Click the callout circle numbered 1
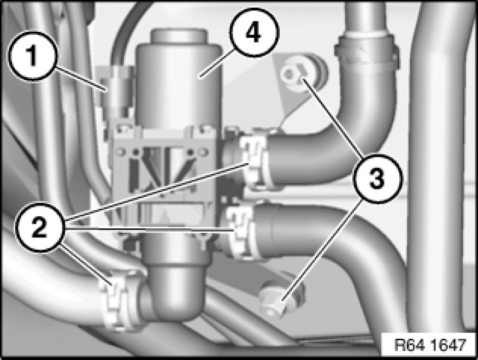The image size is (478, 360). pos(32,56)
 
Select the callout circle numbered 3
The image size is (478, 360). pos(377,179)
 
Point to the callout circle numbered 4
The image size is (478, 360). pos(253,33)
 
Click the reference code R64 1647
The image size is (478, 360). pos(430,345)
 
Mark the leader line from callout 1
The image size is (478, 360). pos(81,79)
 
